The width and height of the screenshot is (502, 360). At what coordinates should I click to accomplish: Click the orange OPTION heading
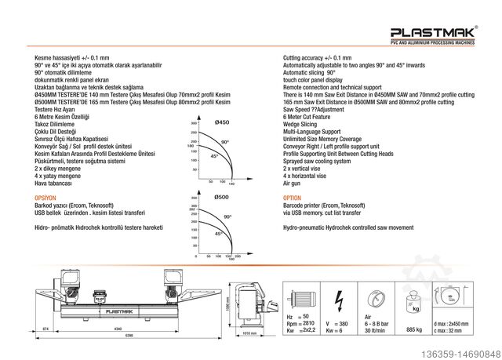point(292,199)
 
